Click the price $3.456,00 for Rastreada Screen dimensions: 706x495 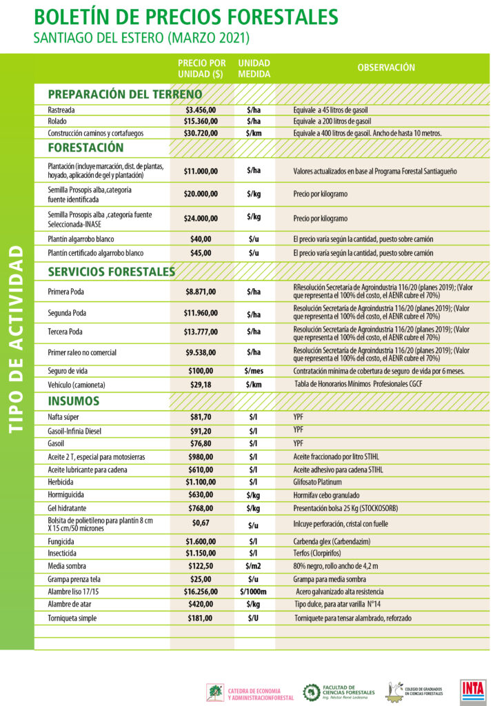click(201, 110)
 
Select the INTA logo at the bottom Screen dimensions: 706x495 click(473, 690)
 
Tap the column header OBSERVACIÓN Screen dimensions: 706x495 click(386, 68)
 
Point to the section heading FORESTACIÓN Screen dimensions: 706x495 click(86, 148)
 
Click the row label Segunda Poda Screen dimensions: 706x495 click(68, 313)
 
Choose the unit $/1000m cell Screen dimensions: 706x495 click(253, 592)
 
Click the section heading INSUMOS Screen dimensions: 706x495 click(74, 401)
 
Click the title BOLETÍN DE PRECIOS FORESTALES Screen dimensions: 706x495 click(185, 17)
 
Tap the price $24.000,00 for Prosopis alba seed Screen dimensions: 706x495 click(201, 218)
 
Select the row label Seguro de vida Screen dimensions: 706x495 click(68, 371)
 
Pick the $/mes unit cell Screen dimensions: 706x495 click(253, 371)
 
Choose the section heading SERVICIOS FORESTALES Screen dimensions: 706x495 click(111, 272)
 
